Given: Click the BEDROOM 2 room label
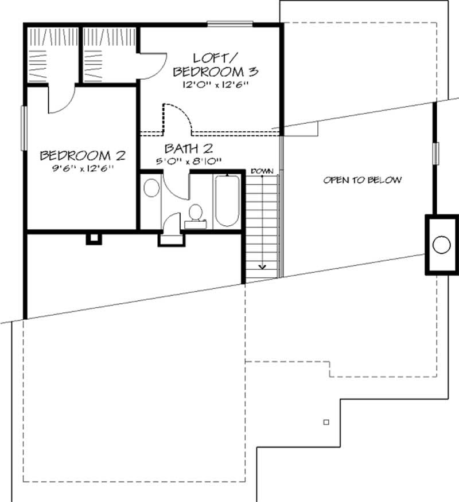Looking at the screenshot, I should click(x=83, y=155).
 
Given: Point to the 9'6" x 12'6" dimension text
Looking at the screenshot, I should click(x=83, y=168).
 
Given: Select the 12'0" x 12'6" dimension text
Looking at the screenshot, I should click(x=215, y=84).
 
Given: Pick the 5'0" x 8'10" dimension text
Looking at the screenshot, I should click(x=189, y=161).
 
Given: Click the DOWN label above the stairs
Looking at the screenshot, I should click(x=261, y=171).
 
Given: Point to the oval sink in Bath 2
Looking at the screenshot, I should click(x=151, y=188).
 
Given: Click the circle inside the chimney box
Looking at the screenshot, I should click(x=441, y=245).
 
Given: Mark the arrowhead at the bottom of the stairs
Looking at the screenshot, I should click(x=263, y=266).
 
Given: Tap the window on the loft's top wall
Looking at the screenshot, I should click(x=229, y=23).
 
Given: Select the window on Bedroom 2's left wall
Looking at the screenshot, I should click(x=25, y=128).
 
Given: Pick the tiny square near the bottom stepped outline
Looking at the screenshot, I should click(x=326, y=422).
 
